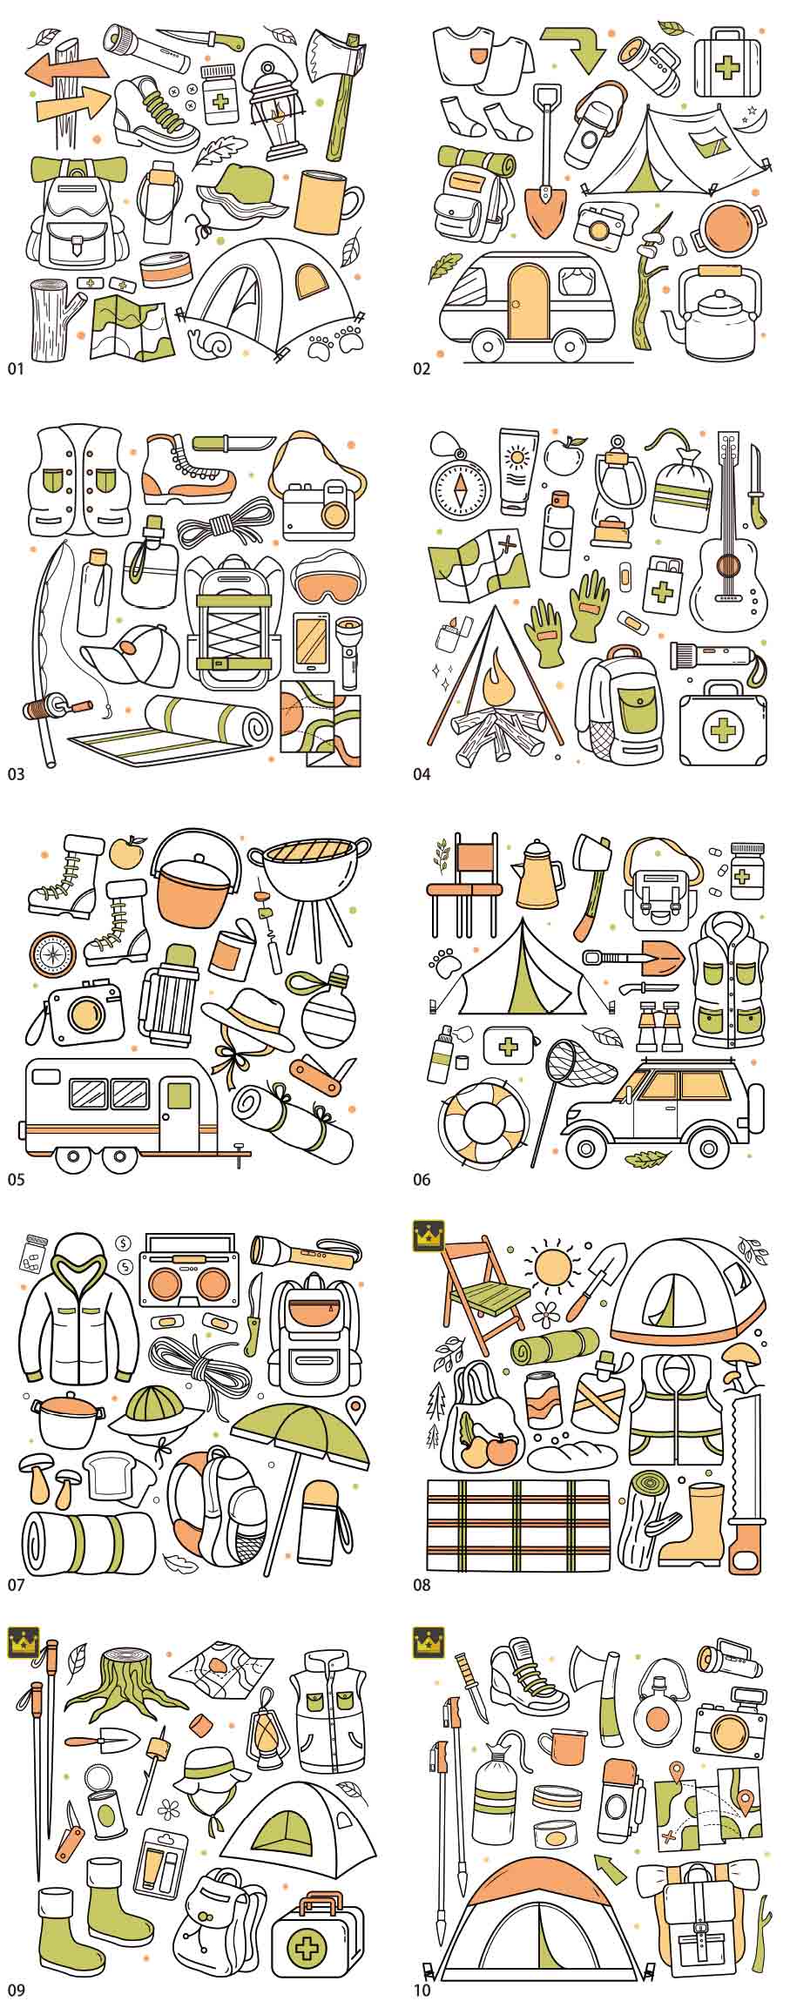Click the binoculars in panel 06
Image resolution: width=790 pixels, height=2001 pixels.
658,1025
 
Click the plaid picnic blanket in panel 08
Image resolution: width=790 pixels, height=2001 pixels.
517,1520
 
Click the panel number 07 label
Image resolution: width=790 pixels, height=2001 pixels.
16,1584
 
